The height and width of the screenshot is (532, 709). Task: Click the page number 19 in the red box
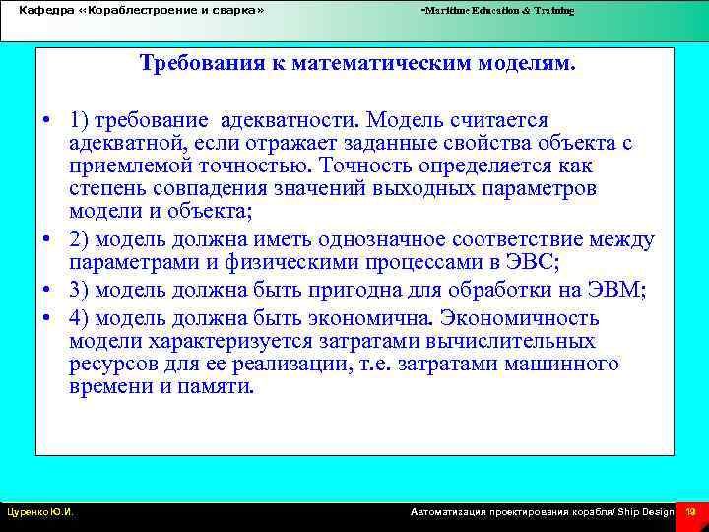pyautogui.click(x=691, y=511)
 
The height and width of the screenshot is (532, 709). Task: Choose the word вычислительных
pyautogui.click(x=518, y=341)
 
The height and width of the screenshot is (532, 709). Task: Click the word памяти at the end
pyautogui.click(x=222, y=386)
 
